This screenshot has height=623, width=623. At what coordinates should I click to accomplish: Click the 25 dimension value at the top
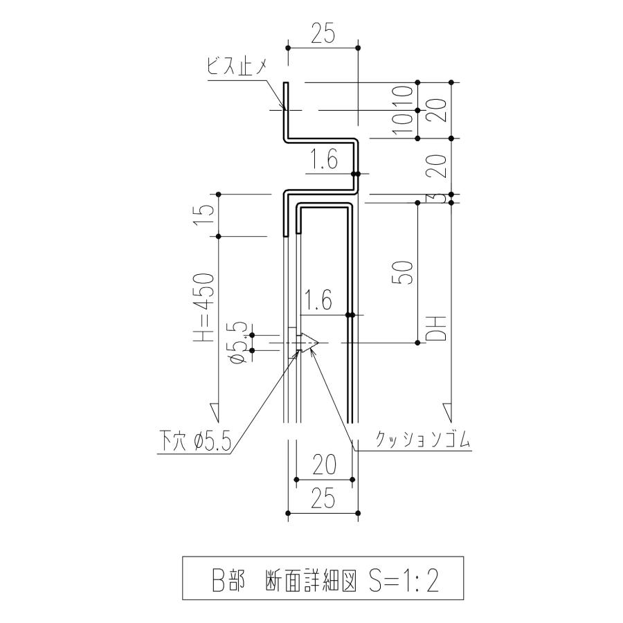[323, 33]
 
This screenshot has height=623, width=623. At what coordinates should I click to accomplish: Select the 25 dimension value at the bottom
[323, 498]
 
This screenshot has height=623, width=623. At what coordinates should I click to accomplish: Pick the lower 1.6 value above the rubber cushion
[318, 301]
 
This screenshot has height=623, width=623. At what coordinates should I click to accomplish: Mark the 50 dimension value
[407, 272]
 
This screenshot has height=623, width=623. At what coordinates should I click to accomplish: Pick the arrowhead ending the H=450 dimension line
[218, 412]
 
